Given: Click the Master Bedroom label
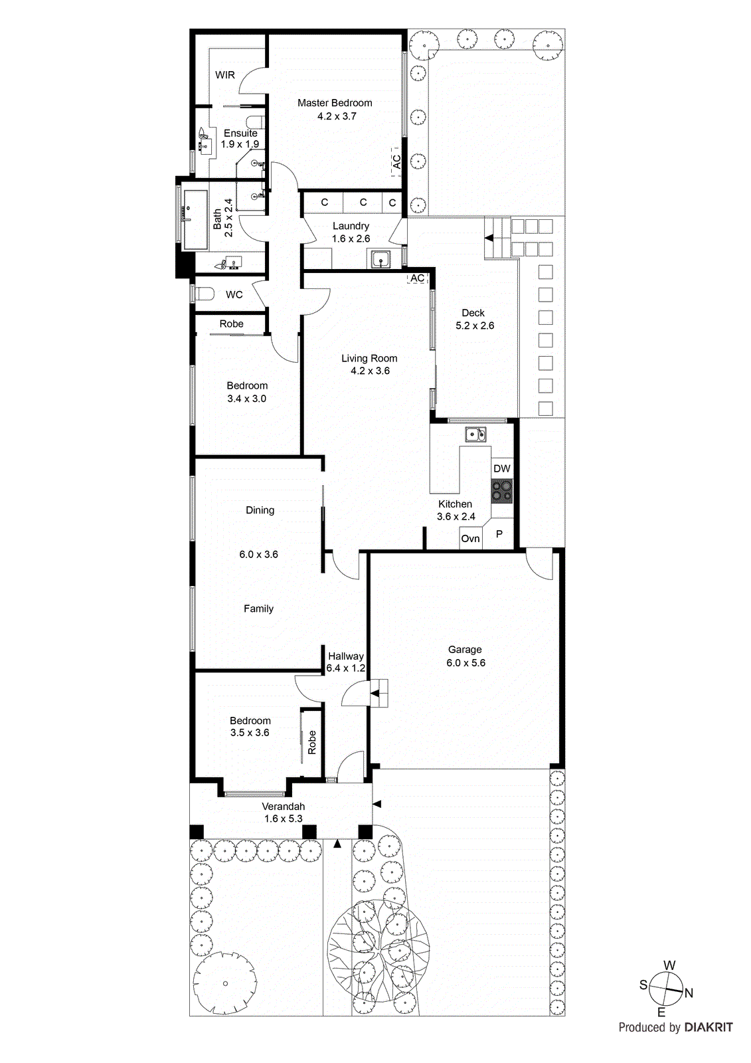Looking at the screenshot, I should [x=335, y=103].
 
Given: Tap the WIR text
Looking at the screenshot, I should [x=225, y=75].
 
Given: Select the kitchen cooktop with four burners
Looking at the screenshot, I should [x=502, y=491].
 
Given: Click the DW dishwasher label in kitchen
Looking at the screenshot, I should [x=502, y=468].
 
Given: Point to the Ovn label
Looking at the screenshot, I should [x=470, y=539].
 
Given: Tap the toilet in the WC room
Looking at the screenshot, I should [x=203, y=294].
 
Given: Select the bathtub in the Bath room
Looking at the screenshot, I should [x=196, y=219].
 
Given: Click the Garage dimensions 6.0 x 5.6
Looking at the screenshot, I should [x=465, y=663].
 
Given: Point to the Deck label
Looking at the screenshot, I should [x=473, y=313].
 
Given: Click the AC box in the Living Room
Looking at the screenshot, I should [x=417, y=278].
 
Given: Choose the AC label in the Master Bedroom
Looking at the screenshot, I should [x=396, y=162].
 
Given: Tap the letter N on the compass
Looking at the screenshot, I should [x=689, y=993].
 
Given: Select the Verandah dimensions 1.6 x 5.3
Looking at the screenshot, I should [x=283, y=819].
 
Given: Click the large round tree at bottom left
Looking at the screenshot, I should [x=225, y=983].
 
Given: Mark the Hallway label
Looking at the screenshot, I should [x=345, y=656].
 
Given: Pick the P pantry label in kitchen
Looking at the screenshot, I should [x=499, y=534].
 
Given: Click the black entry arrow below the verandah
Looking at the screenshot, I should [x=337, y=844].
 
